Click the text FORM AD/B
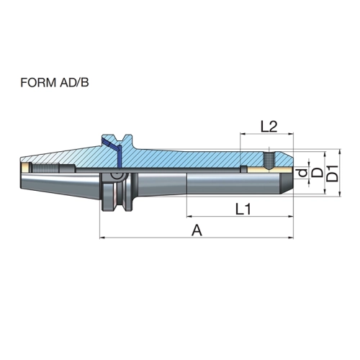tap(55, 83)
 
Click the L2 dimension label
tap(269, 127)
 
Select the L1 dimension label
tap(243, 209)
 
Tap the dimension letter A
tap(197, 230)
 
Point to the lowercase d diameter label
tap(303, 172)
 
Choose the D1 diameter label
tap(333, 174)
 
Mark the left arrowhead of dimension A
tap(102, 238)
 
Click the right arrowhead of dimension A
tap(291, 238)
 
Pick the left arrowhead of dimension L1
tap(189, 217)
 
